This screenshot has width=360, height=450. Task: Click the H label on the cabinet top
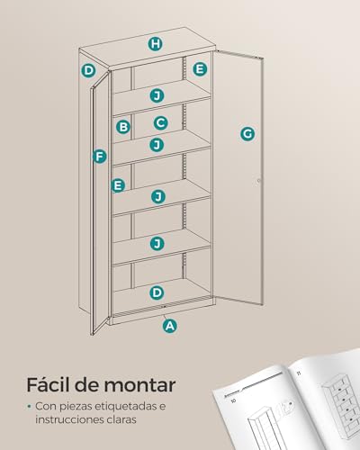pyautogui.click(x=156, y=43)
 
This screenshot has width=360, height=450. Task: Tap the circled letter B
pyautogui.click(x=123, y=127)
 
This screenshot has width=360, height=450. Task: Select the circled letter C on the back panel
pyautogui.click(x=160, y=122)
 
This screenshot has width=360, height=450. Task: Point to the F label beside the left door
pyautogui.click(x=99, y=156)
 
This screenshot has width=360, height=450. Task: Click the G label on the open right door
pyautogui.click(x=247, y=134)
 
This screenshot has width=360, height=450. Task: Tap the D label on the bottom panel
pyautogui.click(x=157, y=292)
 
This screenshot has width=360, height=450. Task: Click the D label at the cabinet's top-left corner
pyautogui.click(x=88, y=70)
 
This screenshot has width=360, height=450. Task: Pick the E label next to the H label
pyautogui.click(x=200, y=68)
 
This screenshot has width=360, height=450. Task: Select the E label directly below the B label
pyautogui.click(x=117, y=184)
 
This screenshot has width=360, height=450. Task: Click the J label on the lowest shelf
pyautogui.click(x=157, y=243)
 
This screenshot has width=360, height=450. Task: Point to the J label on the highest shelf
pyautogui.click(x=157, y=95)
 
